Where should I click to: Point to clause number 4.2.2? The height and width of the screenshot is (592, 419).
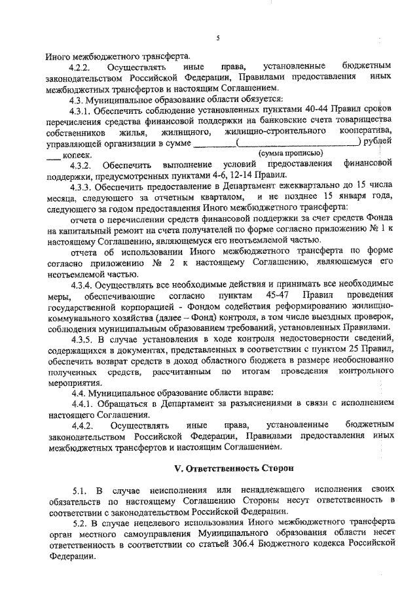click(82, 67)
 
